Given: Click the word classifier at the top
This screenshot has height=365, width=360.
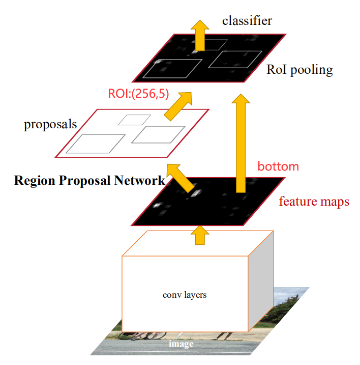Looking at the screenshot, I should click(x=247, y=21).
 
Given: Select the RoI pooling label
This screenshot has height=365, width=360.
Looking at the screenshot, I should click(x=299, y=70).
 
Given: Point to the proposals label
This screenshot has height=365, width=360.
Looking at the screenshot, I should click(x=50, y=124).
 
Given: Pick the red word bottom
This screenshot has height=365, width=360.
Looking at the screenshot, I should click(x=278, y=166).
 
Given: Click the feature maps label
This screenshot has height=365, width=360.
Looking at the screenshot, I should click(x=314, y=202).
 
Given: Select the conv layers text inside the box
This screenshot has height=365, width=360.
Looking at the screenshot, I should click(x=185, y=295).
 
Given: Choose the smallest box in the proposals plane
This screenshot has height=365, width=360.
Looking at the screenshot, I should click(x=134, y=120).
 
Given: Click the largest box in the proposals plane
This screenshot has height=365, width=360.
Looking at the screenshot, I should click(x=95, y=144).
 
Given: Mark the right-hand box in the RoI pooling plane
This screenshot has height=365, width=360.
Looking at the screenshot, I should click(x=235, y=59).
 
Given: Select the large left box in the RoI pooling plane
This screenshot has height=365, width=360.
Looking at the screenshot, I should click(x=171, y=68).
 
